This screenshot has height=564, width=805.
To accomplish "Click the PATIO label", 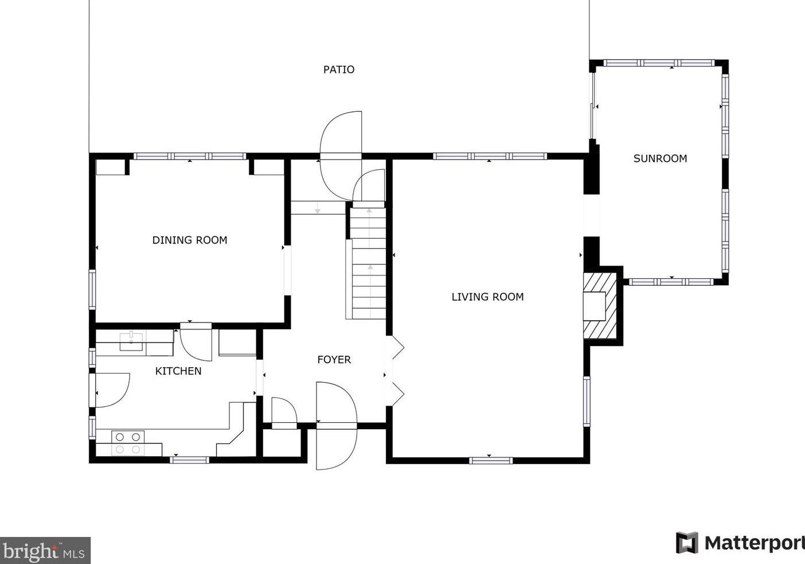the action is [338, 69].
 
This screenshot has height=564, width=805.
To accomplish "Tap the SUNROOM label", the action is [660, 158].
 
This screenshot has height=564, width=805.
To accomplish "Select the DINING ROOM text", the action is [190, 240].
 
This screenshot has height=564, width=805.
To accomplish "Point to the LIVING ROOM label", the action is [488, 297].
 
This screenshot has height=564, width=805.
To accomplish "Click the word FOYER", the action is [334, 359].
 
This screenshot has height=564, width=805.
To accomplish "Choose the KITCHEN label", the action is [178, 371].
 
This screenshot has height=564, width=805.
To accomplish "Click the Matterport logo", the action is [740, 543].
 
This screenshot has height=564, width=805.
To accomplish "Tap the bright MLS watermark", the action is [45, 550].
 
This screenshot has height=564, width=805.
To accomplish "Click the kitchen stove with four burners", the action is [128, 443].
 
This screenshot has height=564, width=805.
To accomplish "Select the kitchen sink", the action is [131, 341].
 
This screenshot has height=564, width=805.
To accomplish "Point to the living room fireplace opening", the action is [594, 306].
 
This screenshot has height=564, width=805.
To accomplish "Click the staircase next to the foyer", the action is [369, 263].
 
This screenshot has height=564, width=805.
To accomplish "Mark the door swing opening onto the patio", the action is [341, 156].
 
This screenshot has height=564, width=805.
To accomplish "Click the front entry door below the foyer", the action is [337, 426].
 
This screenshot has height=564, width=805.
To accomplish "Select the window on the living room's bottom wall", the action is [491, 460].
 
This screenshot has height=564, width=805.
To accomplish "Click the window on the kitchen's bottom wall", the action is [189, 460].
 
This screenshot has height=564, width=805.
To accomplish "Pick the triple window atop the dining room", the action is [190, 156].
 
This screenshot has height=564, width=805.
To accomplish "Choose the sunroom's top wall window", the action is [659, 63].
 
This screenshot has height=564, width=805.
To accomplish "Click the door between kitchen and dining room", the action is [196, 342].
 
